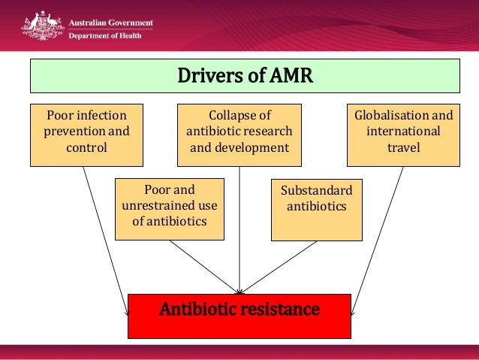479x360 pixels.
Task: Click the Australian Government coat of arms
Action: coord(41,26)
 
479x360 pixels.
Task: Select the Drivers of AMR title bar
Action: coord(244,77)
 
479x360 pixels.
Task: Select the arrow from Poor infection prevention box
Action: coord(105,233)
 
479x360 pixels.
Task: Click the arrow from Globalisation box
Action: coord(379,233)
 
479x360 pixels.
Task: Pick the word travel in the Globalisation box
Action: coord(403,147)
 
